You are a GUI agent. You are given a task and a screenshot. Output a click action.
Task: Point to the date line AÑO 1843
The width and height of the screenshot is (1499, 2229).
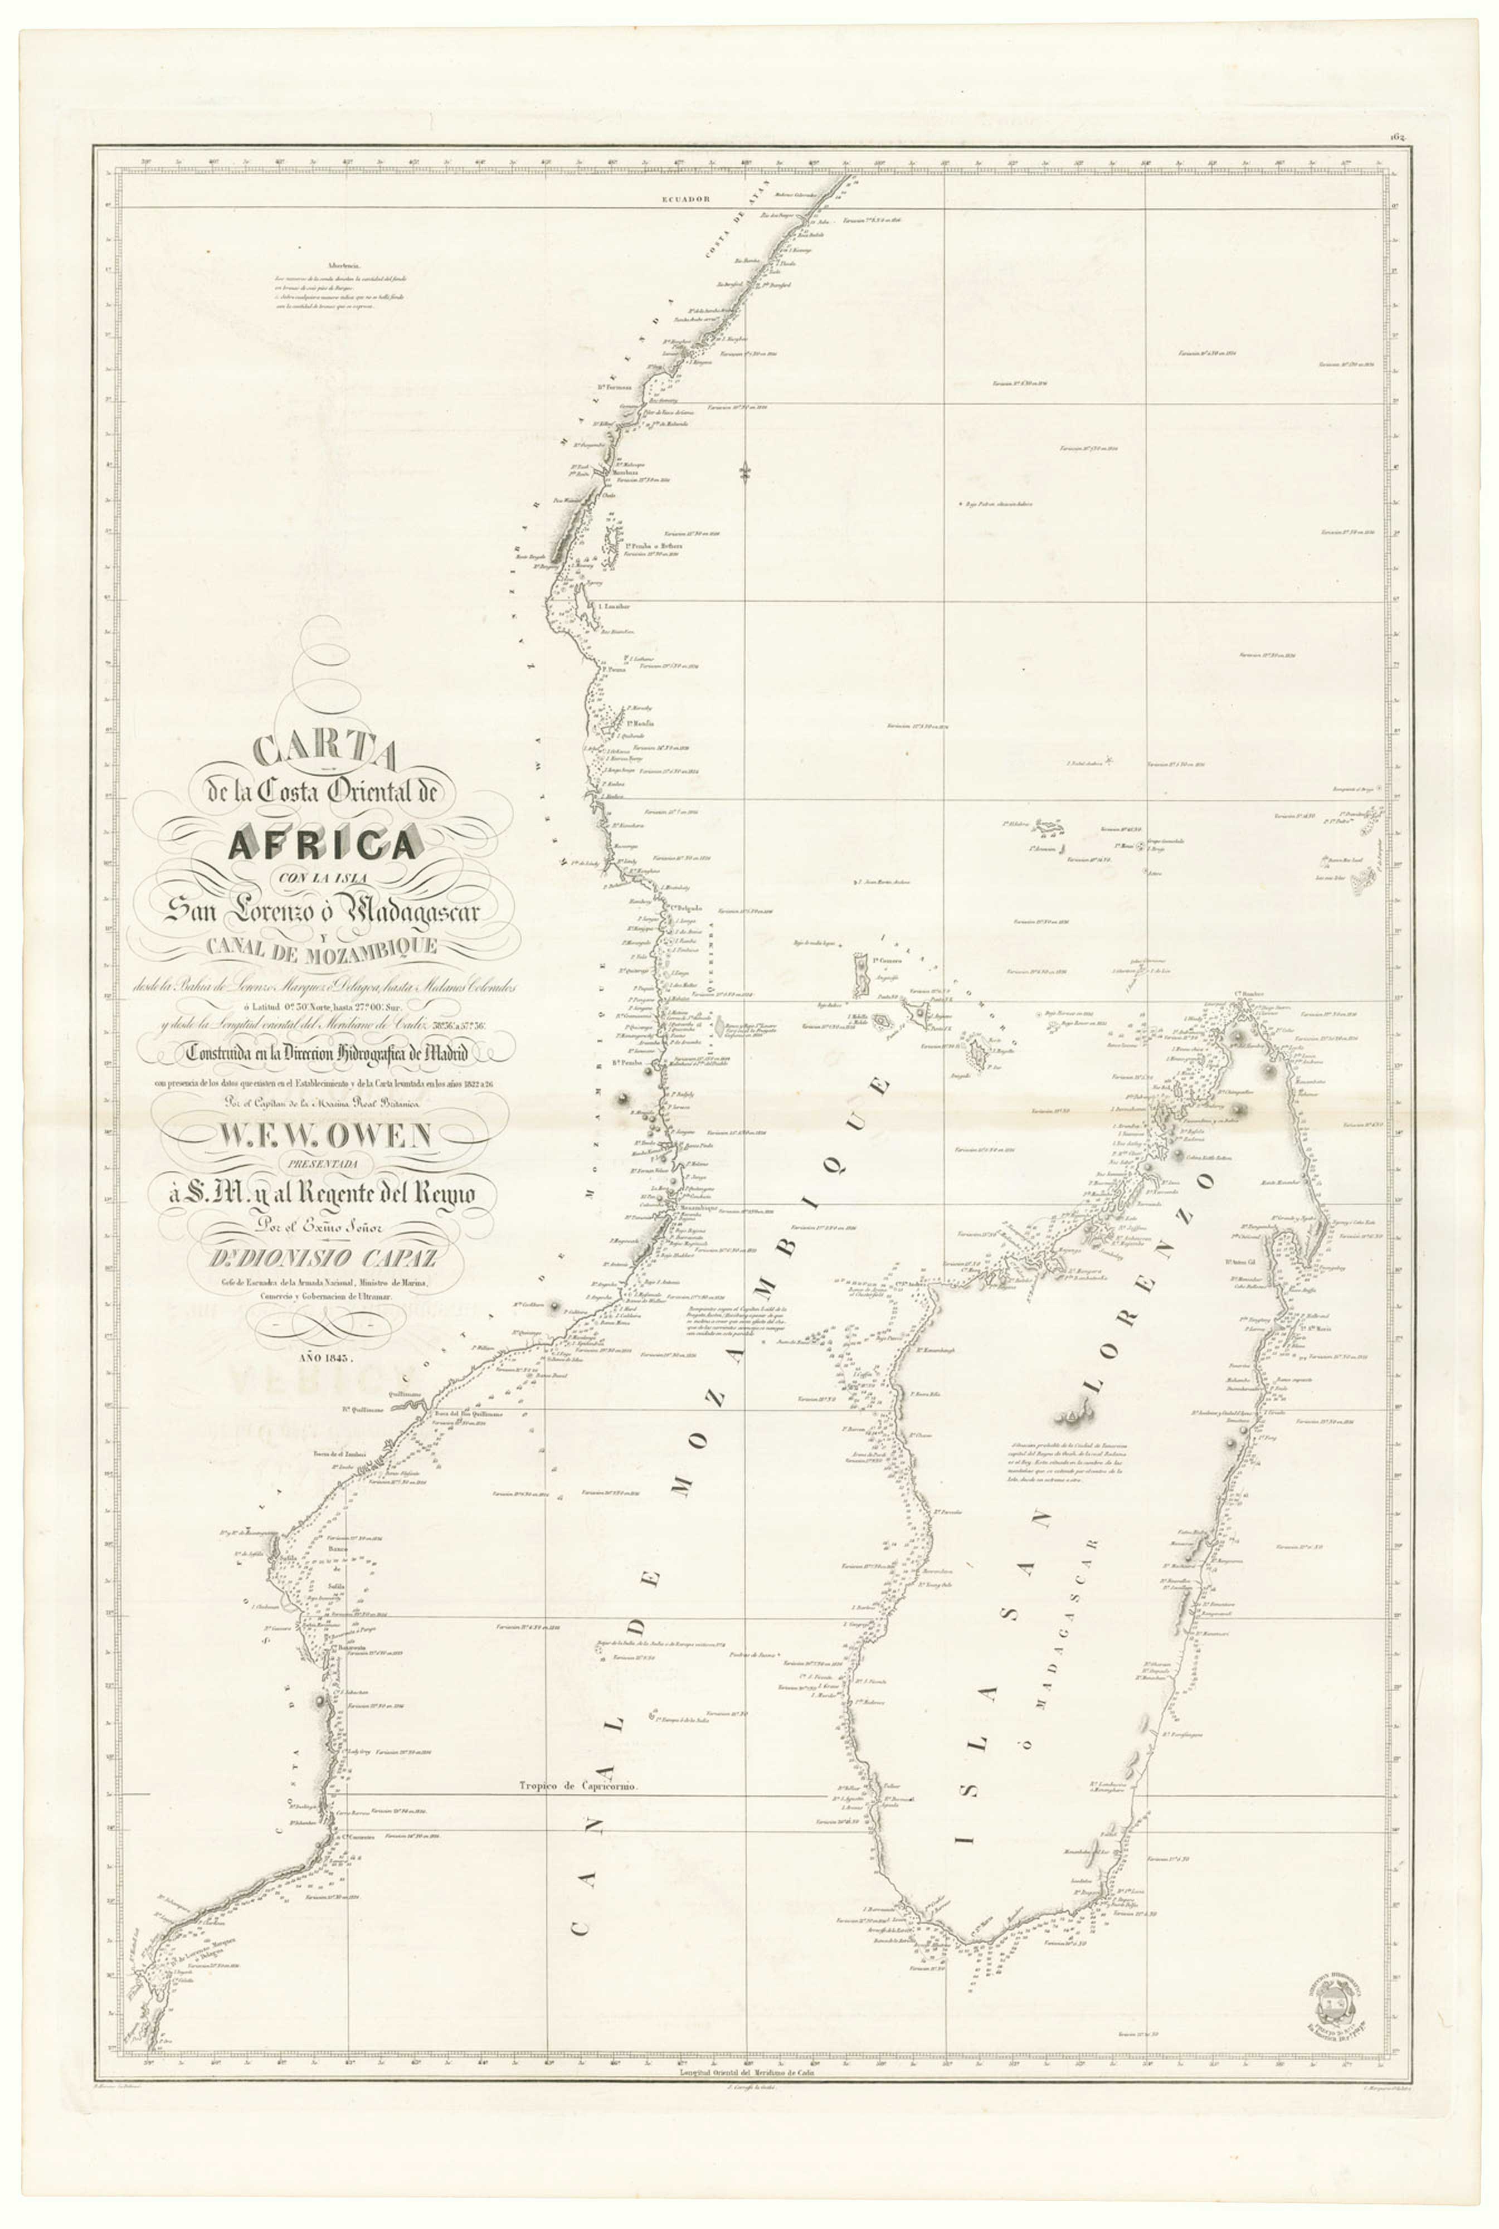[325, 1357]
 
